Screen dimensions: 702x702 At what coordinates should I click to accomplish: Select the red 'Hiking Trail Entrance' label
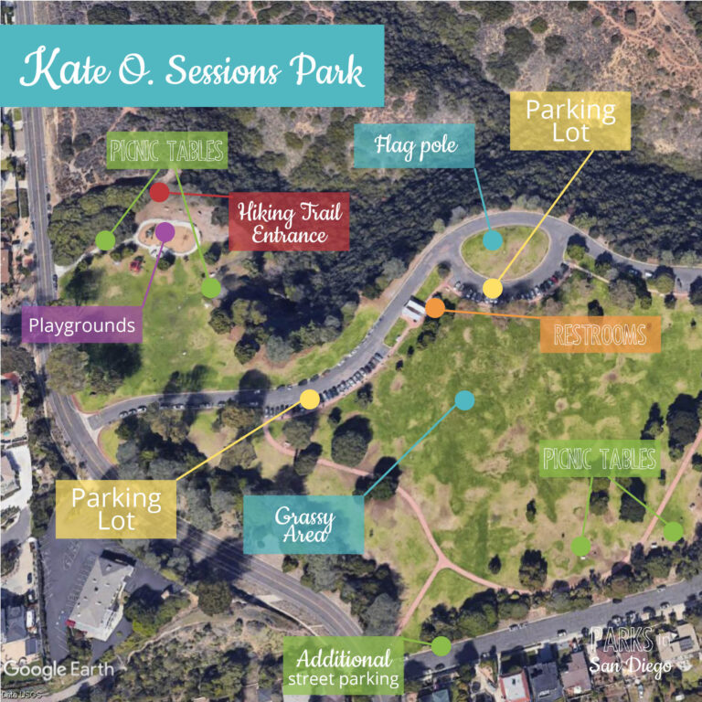[290, 223]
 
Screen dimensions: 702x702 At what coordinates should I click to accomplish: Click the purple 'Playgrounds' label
[81, 324]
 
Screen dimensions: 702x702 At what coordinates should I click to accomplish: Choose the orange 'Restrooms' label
[600, 335]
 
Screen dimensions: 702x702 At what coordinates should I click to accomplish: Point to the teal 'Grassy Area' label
[303, 526]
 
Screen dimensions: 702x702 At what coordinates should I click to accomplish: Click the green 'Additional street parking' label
[343, 667]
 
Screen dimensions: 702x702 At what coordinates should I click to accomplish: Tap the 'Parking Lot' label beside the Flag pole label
[569, 121]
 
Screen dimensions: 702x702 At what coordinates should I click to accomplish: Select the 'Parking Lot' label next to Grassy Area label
[116, 509]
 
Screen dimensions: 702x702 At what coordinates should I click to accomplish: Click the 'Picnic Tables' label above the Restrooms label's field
[600, 459]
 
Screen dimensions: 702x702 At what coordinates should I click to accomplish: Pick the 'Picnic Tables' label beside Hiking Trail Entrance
[166, 151]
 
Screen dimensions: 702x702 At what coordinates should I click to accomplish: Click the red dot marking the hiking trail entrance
[159, 192]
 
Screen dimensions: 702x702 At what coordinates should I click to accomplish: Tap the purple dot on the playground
[165, 231]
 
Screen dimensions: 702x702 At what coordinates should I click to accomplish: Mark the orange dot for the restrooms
[435, 308]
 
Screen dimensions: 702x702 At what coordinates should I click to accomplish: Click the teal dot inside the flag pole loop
[493, 240]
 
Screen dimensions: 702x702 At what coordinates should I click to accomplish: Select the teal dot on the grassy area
[464, 399]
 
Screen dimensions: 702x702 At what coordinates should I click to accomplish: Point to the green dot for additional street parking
[441, 646]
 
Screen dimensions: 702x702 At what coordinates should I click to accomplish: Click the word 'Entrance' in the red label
[290, 235]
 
